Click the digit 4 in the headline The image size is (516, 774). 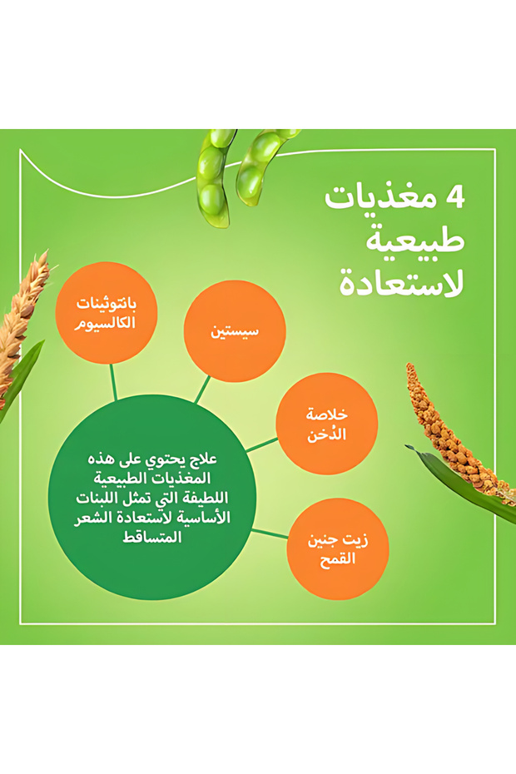454,197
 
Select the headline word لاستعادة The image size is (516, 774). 401,283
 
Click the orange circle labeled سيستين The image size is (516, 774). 235,330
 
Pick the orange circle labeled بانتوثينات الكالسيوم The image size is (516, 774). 107,313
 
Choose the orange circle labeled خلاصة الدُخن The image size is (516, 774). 327,424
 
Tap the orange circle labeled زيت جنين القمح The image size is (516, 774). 338,549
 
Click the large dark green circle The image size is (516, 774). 152,497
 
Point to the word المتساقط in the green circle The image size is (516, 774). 152,537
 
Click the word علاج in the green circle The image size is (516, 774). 204,459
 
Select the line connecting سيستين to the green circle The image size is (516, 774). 202,390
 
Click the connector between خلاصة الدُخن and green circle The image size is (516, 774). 261,444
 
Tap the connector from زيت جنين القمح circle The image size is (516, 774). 270,534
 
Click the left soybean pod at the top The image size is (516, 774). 215,178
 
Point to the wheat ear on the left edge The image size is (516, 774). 22,325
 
